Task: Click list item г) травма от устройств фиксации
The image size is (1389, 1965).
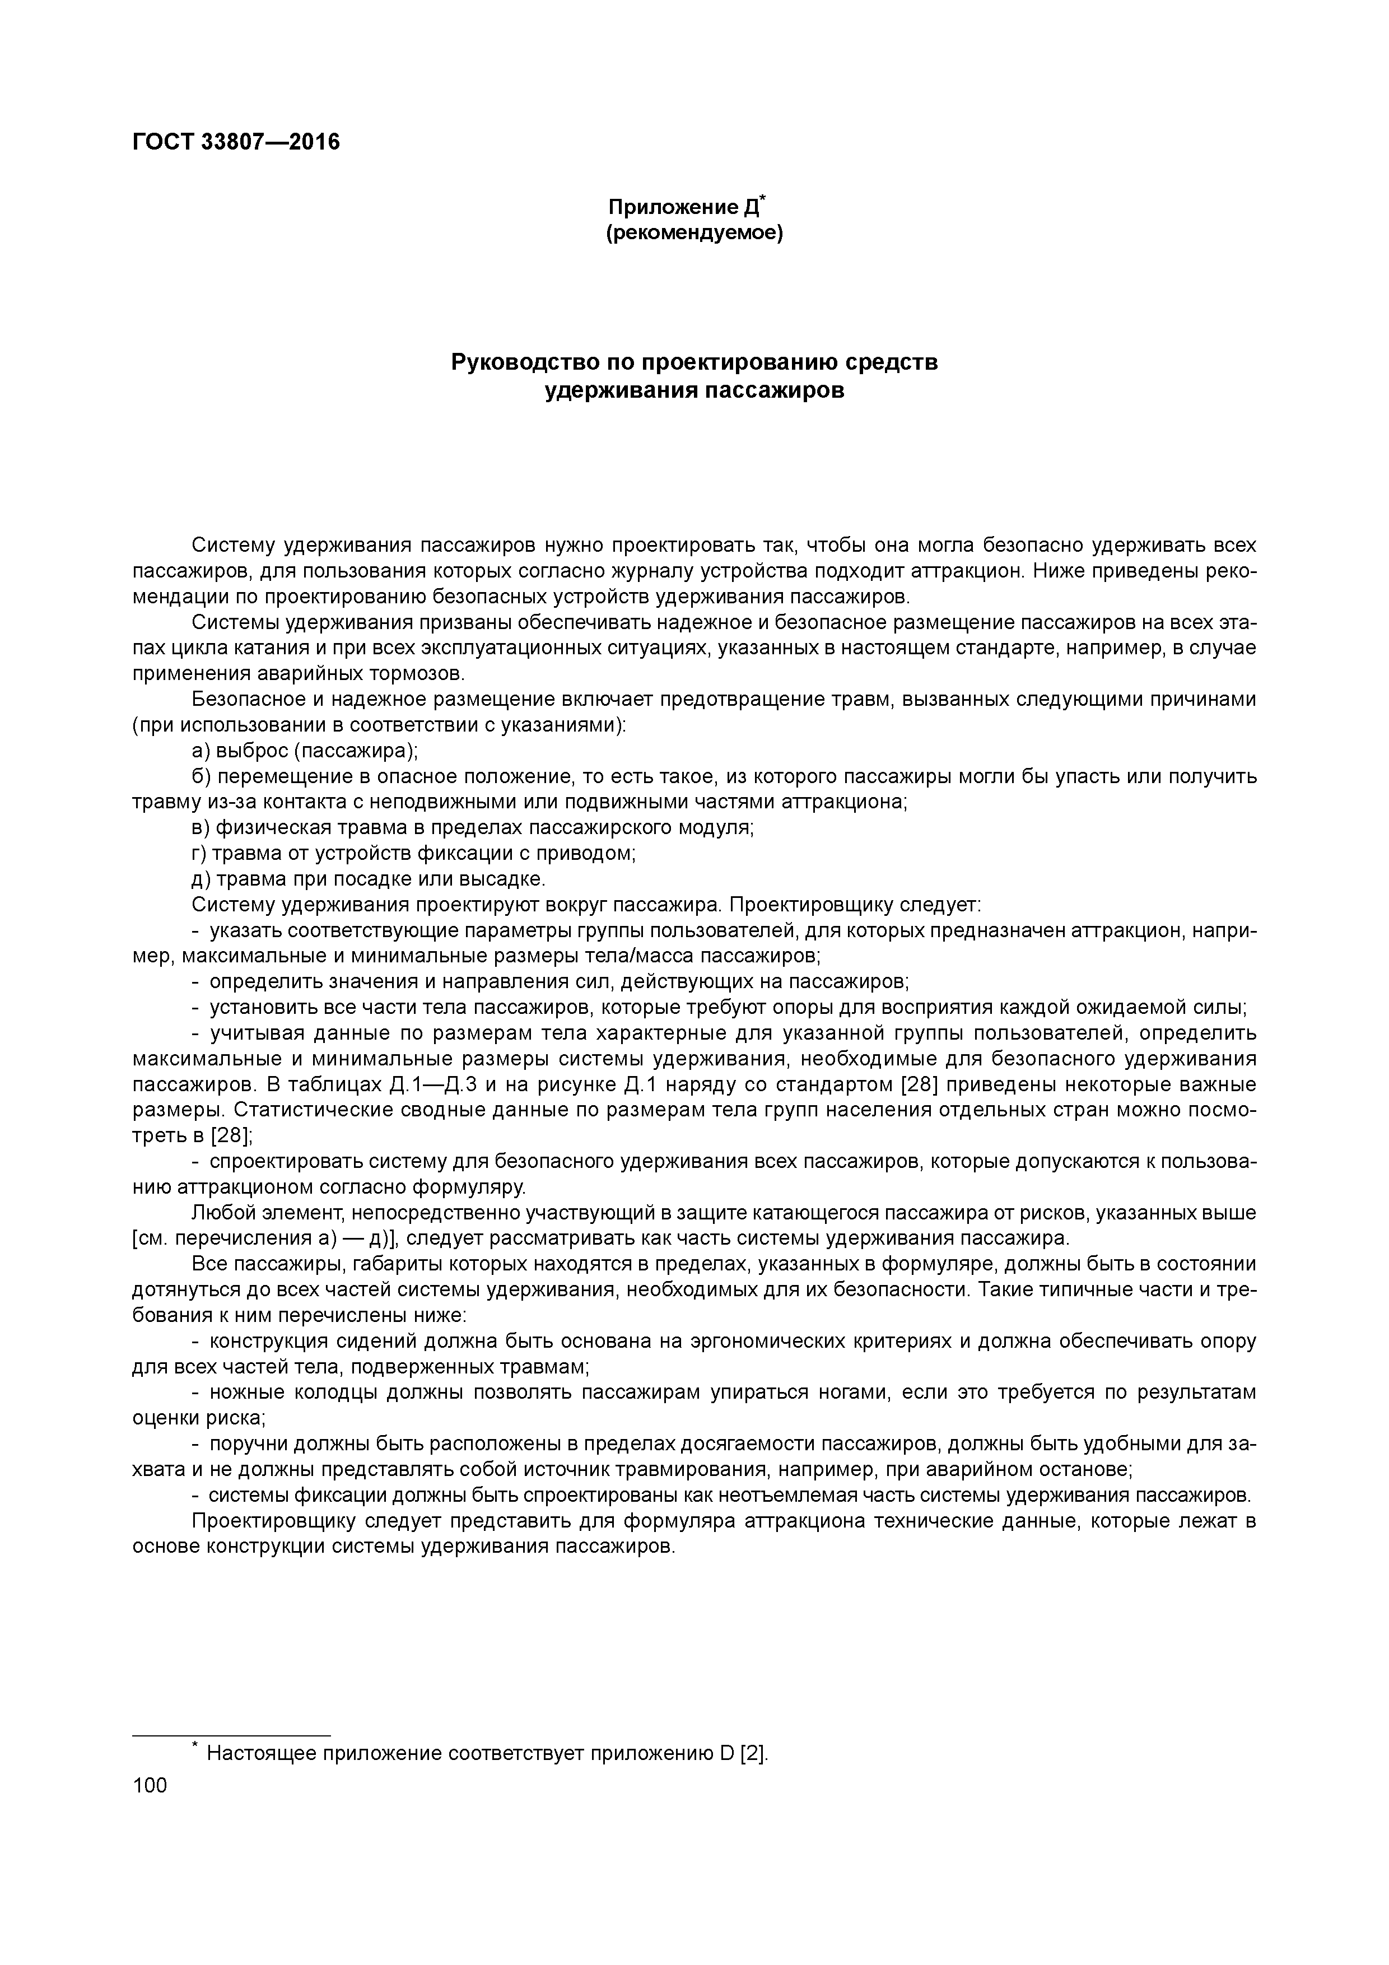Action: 413,854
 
